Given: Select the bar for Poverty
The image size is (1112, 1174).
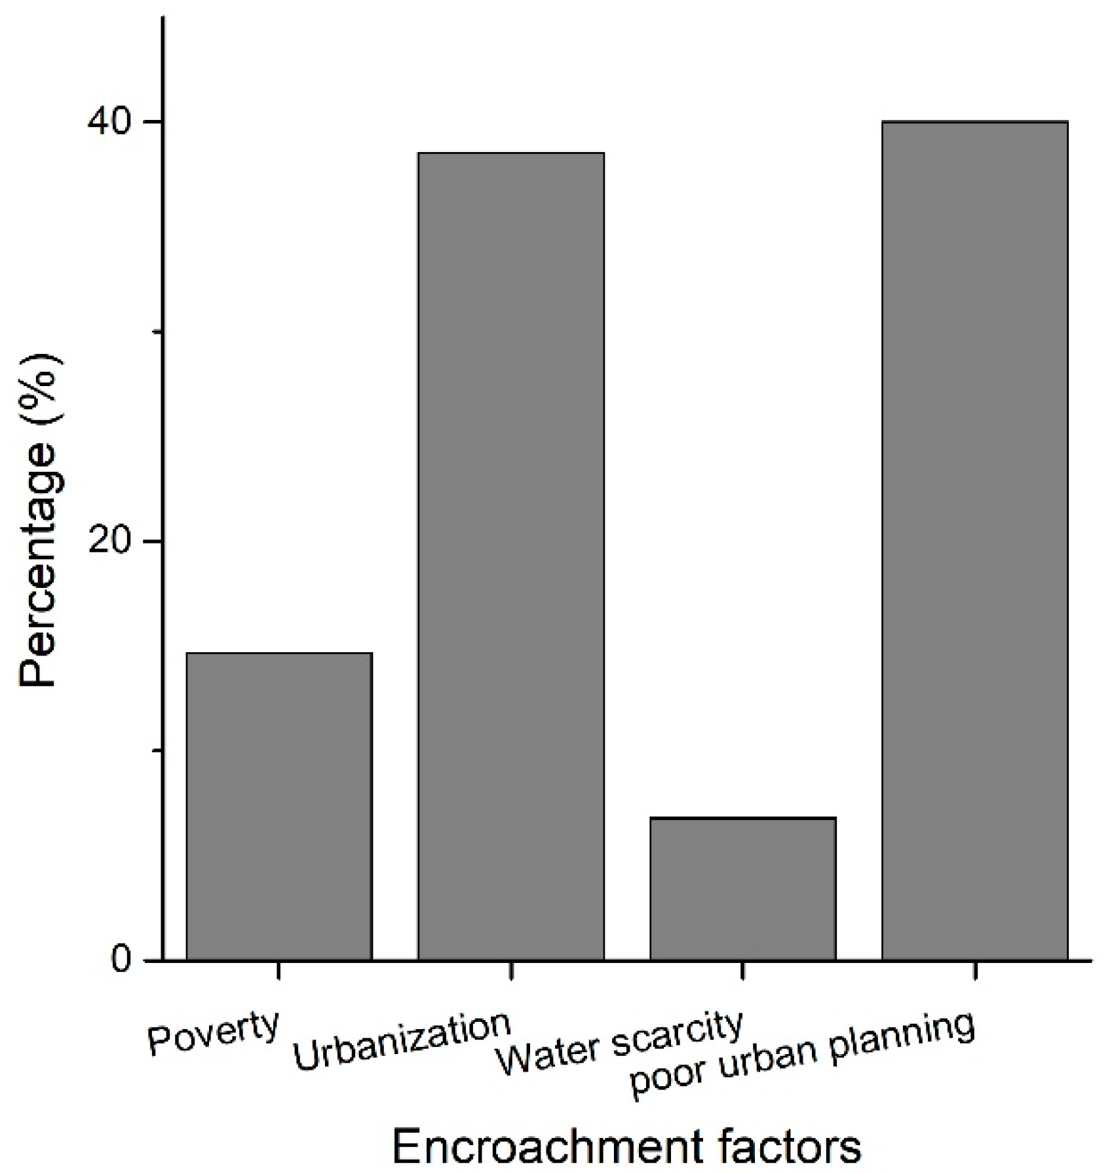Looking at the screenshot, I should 279,806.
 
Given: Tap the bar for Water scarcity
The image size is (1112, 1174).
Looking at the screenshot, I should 742,889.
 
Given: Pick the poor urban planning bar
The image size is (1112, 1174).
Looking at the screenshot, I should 974,541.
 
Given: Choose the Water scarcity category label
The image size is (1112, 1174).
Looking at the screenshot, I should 619,1044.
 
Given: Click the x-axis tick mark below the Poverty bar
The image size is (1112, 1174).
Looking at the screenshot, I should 279,970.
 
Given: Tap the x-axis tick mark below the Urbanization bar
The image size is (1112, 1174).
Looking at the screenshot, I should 511,970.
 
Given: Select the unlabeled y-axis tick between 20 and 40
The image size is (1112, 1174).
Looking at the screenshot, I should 157,332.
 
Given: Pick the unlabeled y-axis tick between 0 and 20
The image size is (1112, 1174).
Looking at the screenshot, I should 157,751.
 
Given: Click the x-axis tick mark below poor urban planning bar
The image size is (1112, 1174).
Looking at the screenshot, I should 975,970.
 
